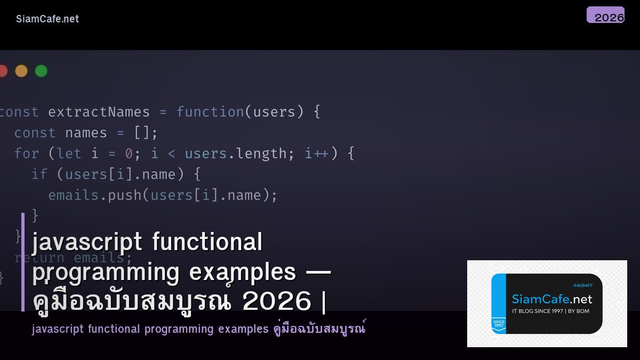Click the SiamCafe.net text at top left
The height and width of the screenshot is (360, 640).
tap(47, 19)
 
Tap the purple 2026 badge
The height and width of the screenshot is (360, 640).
tap(605, 15)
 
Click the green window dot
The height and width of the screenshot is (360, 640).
tap(41, 71)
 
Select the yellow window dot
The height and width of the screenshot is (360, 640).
tap(21, 71)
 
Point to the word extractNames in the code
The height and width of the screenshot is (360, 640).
tap(99, 112)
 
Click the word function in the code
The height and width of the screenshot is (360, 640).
tap(210, 112)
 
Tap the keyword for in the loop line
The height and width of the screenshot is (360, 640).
tap(27, 154)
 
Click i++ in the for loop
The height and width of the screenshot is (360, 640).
tap(317, 154)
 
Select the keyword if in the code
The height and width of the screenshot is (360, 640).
tap(39, 174)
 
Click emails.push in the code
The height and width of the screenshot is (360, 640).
tap(95, 195)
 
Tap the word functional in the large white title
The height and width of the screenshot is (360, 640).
tap(207, 242)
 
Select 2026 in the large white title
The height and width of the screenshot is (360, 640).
tap(276, 301)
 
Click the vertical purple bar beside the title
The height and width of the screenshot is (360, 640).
tap(23, 261)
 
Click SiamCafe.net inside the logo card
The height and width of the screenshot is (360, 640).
tap(551, 299)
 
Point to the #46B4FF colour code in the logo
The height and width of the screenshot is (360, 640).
tap(583, 285)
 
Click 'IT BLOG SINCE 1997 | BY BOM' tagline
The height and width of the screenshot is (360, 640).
tap(550, 311)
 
